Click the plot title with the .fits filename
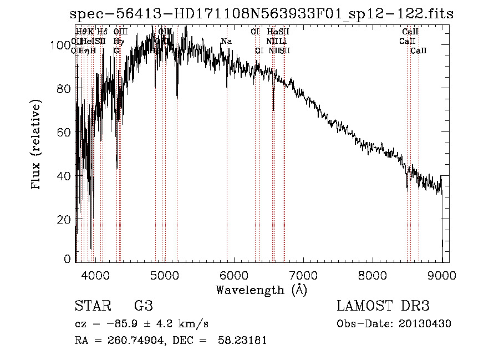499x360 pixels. click(266, 14)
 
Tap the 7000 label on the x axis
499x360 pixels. click(303, 274)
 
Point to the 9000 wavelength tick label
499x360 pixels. click(442, 274)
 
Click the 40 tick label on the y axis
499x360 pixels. click(64, 176)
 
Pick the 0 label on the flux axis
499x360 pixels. click(68, 259)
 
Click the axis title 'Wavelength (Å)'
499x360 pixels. click(261, 290)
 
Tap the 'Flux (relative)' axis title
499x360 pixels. click(37, 145)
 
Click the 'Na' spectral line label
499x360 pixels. click(226, 42)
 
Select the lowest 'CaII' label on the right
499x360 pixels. click(419, 51)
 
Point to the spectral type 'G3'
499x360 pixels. click(143, 306)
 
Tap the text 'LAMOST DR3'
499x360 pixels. click(383, 306)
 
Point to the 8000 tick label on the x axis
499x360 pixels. click(373, 274)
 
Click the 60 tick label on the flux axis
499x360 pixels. click(64, 133)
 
